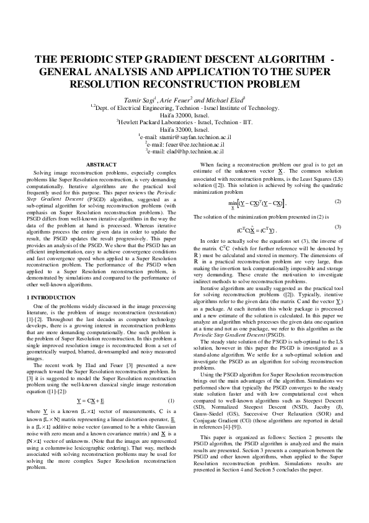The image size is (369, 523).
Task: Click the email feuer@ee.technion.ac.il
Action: pos(185,143)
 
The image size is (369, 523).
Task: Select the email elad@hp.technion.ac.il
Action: pos(185,150)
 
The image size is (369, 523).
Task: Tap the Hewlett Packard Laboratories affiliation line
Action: pos(185,122)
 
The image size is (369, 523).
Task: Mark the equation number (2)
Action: pos(337,202)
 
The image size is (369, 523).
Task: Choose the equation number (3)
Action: pos(337,227)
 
